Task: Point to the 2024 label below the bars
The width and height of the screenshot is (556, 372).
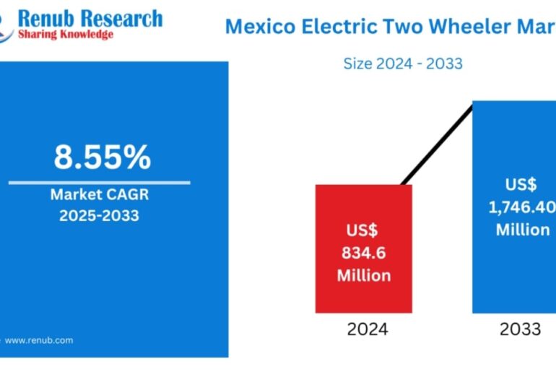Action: click(x=367, y=330)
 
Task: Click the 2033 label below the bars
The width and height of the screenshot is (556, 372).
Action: click(x=520, y=330)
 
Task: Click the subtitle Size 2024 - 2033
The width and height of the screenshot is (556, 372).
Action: click(x=403, y=64)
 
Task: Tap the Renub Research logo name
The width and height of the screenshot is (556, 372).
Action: click(x=91, y=17)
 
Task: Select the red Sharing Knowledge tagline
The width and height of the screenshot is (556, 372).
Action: click(x=66, y=35)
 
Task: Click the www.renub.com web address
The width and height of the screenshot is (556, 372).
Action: click(x=39, y=339)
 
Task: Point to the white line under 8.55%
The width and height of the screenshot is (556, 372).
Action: click(x=100, y=182)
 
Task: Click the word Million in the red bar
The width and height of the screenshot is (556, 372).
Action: click(x=363, y=275)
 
